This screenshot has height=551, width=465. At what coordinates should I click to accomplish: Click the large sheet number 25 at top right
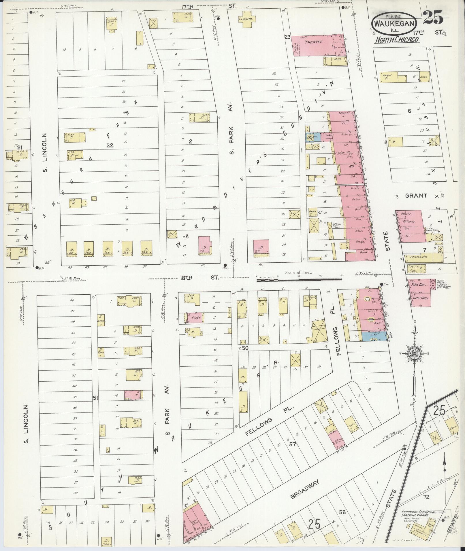tap(433, 18)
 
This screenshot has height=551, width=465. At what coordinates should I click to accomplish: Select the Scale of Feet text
tap(298, 272)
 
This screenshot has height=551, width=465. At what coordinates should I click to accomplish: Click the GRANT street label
tap(416, 196)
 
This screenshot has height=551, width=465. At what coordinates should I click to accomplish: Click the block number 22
tap(110, 145)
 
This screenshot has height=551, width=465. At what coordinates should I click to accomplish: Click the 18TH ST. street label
tap(198, 278)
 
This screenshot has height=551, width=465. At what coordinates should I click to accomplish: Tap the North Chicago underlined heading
tap(397, 40)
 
